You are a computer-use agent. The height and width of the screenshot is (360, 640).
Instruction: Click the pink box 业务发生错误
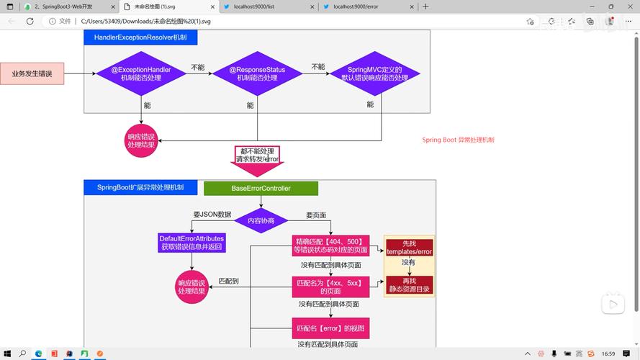point(37,73)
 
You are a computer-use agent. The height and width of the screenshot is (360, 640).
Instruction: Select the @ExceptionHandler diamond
point(140,73)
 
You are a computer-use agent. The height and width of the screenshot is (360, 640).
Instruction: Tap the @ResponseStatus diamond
point(257,73)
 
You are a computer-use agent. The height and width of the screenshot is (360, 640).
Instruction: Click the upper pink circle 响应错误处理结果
point(141,140)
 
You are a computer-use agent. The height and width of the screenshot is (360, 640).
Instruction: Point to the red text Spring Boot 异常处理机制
point(458,140)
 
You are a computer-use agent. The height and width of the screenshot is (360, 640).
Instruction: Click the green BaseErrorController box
point(261,189)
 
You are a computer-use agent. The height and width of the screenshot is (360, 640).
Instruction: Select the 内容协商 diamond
point(261,220)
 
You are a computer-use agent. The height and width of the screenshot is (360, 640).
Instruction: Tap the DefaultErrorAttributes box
point(191,243)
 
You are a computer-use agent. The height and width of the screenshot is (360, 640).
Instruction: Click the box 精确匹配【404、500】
point(330,246)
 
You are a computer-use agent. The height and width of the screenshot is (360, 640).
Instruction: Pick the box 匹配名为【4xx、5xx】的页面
point(330,287)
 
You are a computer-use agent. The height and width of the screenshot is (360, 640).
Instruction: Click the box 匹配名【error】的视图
point(330,328)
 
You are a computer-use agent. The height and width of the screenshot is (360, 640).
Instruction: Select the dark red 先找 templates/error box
point(409,247)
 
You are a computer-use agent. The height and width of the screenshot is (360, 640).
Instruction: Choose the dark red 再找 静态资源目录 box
point(409,284)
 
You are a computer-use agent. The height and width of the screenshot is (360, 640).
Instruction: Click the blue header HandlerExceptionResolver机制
point(127,37)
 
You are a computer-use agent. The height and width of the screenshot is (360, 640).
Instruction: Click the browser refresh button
point(30,22)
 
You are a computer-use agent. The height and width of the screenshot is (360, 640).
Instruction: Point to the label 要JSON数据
point(212,215)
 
